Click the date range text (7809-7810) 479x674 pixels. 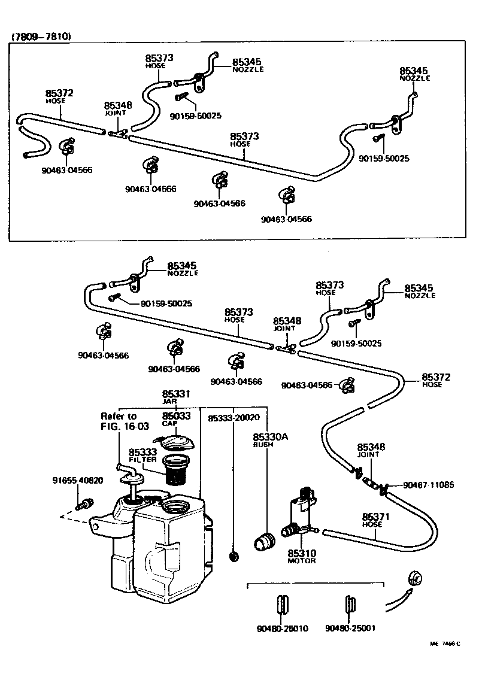41,37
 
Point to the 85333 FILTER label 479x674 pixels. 143,455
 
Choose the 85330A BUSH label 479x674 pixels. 270,440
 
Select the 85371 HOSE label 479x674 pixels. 375,519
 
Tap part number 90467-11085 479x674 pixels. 428,485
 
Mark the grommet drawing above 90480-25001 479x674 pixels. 350,603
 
